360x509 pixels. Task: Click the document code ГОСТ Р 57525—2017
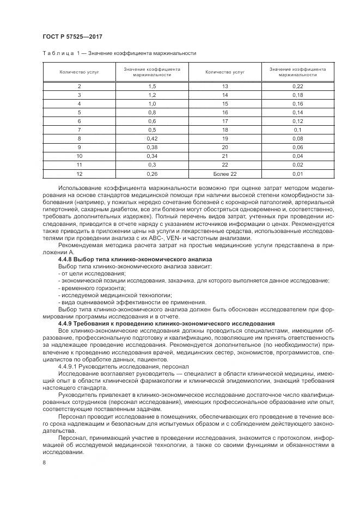pyautogui.click(x=72, y=36)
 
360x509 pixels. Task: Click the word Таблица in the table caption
pyautogui.click(x=58, y=53)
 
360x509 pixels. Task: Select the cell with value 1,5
pyautogui.click(x=152, y=87)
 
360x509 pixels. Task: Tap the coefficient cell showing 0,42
pyautogui.click(x=152, y=139)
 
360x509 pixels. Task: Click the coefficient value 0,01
pyautogui.click(x=297, y=174)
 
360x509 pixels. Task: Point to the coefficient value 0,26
pyautogui.click(x=152, y=174)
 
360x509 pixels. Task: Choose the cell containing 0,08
pyautogui.click(x=297, y=139)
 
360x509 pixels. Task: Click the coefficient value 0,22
pyautogui.click(x=297, y=87)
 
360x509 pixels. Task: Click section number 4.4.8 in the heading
pyautogui.click(x=68, y=259)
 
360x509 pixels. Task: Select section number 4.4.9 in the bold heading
pyautogui.click(x=68, y=323)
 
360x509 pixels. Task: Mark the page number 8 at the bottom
pyautogui.click(x=44, y=462)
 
